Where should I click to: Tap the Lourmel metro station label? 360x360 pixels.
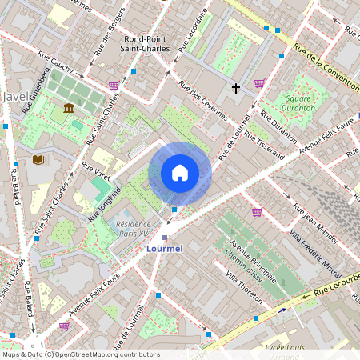(x=165, y=249)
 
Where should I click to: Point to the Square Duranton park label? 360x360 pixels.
(x=301, y=102)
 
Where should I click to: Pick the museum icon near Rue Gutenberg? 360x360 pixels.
(x=69, y=108)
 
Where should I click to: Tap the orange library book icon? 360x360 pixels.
(x=38, y=159)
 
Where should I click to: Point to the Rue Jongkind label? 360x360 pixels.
(x=106, y=203)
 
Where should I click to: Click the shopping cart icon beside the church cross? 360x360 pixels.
(x=259, y=82)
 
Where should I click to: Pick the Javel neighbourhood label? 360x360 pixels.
(x=17, y=96)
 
